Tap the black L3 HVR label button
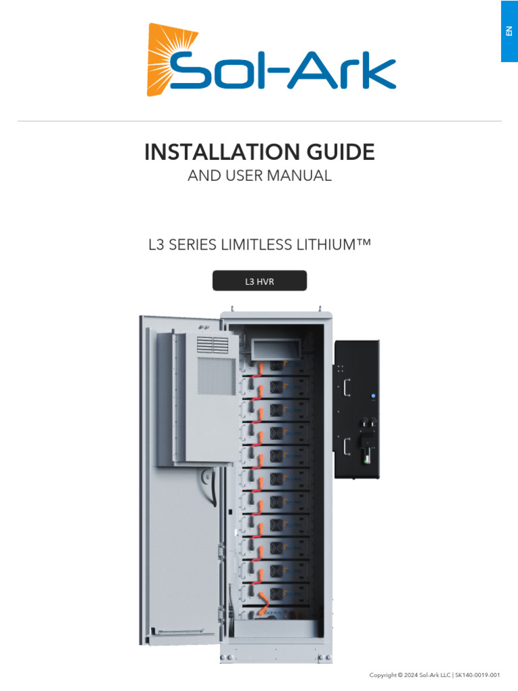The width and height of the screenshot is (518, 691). (x=260, y=281)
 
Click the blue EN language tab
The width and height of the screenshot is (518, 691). (x=509, y=31)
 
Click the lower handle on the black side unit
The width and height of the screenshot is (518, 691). (x=346, y=446)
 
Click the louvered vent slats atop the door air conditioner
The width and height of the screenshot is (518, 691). (x=211, y=344)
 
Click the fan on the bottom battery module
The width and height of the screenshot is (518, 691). (x=276, y=593)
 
